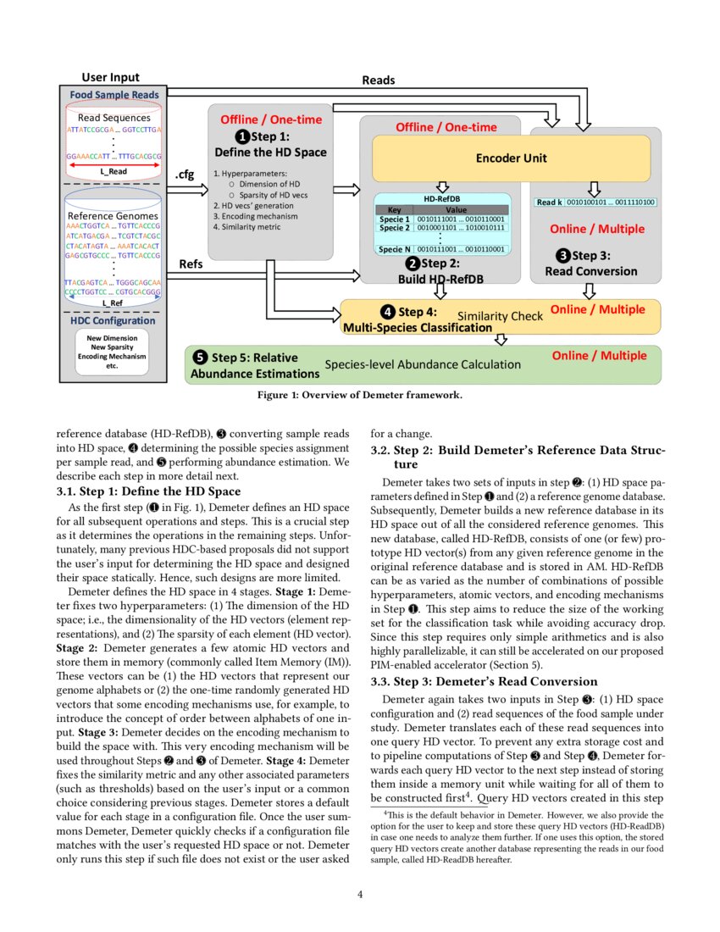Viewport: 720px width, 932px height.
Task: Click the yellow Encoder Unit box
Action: [511, 158]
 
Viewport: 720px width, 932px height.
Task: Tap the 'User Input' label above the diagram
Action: [110, 78]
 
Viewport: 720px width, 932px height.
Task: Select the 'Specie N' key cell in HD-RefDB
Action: [394, 249]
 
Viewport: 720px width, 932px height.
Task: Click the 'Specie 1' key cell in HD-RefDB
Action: [394, 219]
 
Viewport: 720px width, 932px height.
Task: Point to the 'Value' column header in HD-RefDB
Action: [456, 208]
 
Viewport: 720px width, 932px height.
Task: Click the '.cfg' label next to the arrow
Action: [185, 175]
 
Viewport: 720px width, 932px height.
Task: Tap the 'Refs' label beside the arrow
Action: [191, 264]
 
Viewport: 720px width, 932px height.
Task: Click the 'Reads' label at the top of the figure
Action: [378, 80]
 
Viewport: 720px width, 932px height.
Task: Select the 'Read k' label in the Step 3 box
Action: [549, 202]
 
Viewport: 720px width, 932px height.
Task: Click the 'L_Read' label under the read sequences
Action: [113, 170]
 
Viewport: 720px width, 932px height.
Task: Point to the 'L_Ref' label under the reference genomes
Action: [113, 302]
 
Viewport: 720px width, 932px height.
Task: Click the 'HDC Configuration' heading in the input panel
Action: [113, 320]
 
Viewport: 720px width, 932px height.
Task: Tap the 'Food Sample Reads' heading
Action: [114, 95]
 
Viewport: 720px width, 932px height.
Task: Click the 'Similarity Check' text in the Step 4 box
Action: [500, 316]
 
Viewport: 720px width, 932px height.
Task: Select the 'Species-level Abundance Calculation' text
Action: [423, 364]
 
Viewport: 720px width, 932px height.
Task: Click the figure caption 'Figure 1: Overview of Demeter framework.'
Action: [359, 395]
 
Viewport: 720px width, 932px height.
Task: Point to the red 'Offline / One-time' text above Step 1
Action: [270, 119]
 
